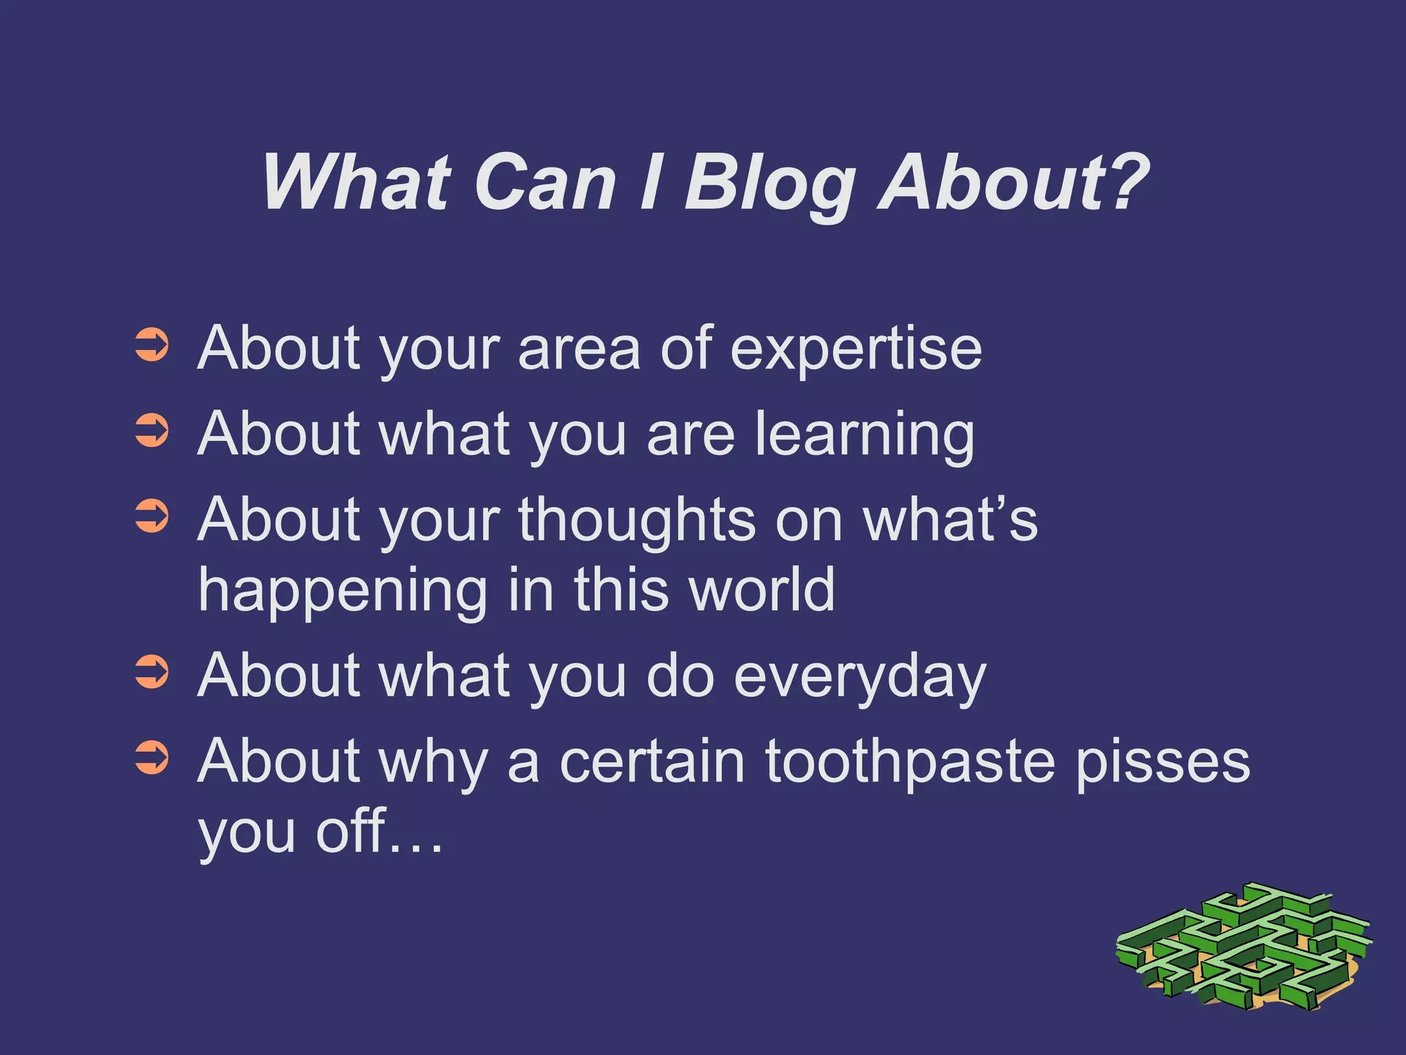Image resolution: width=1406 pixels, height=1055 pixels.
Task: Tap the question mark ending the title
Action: [1123, 180]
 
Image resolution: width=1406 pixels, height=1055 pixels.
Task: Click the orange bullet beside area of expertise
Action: [152, 345]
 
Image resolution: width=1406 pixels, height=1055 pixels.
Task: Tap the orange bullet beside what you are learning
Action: [152, 431]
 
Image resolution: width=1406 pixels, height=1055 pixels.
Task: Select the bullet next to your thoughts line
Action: [152, 517]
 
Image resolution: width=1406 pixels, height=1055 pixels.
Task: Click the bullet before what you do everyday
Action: [152, 672]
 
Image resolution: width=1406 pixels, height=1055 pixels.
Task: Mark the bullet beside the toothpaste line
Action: [152, 758]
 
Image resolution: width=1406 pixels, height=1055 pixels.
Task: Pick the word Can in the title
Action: [545, 182]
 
